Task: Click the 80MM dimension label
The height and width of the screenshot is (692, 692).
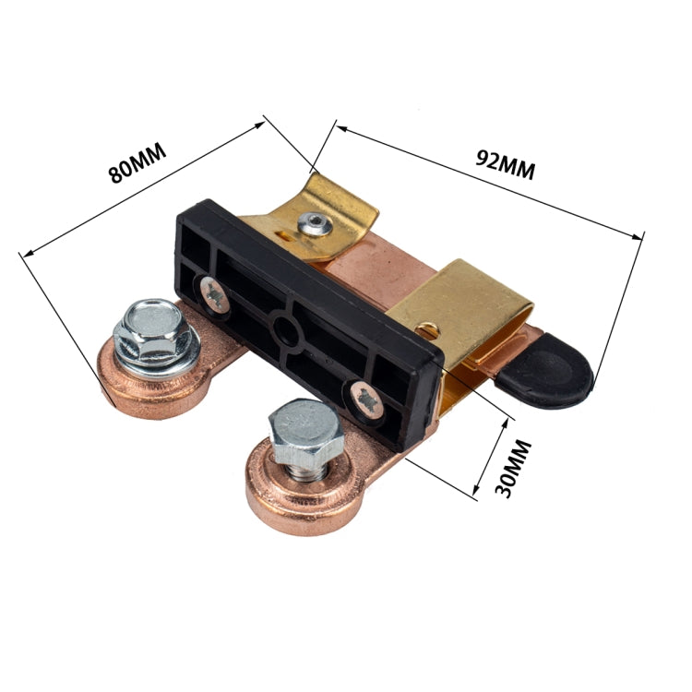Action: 137,163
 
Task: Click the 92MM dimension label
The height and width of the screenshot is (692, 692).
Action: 506,165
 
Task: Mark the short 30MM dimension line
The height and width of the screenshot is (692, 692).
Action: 492,457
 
